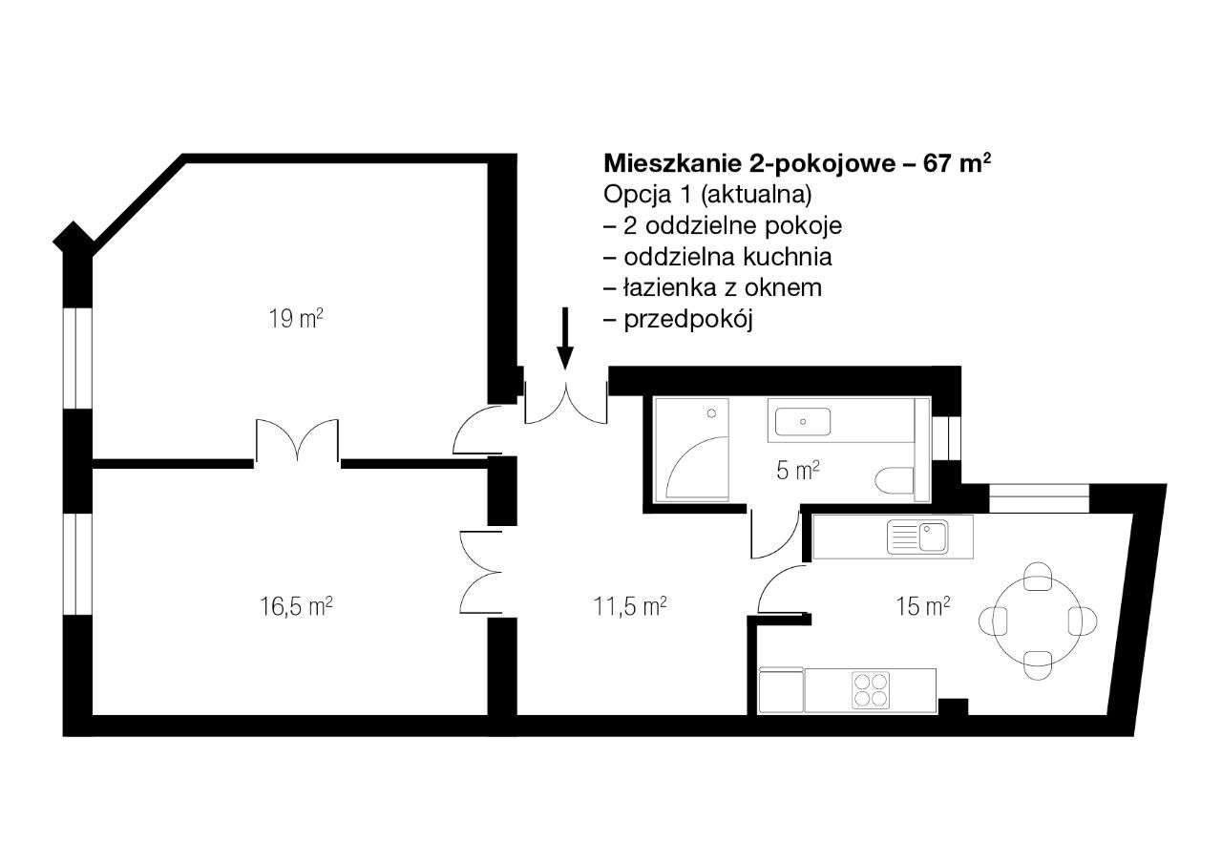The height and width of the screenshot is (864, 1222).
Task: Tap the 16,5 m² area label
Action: (295, 606)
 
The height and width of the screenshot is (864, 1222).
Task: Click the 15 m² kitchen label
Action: (923, 606)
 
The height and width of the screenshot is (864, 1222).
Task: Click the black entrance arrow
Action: (565, 337)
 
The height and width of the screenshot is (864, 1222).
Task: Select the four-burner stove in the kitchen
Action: (870, 690)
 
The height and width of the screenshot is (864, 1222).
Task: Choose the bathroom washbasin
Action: (802, 421)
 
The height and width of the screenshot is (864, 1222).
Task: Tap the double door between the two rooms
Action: (297, 441)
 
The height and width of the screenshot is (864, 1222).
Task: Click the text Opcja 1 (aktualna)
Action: (707, 195)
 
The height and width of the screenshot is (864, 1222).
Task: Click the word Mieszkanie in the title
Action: (657, 163)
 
